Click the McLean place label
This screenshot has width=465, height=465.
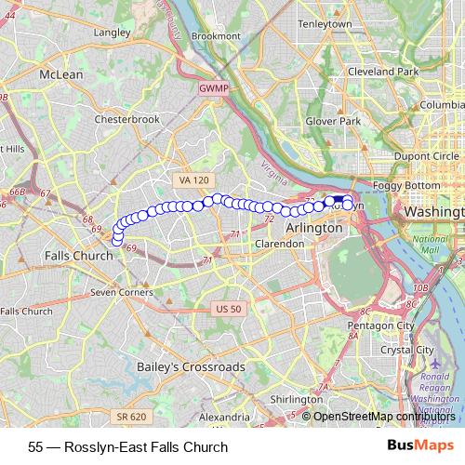point(60,74)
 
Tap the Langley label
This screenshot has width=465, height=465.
point(112,32)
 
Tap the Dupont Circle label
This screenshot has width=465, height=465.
point(420,155)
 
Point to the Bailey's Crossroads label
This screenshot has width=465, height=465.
point(191,366)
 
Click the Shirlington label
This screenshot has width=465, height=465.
point(296,398)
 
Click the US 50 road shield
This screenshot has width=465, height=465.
point(226,309)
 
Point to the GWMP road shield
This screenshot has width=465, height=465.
point(212,88)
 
